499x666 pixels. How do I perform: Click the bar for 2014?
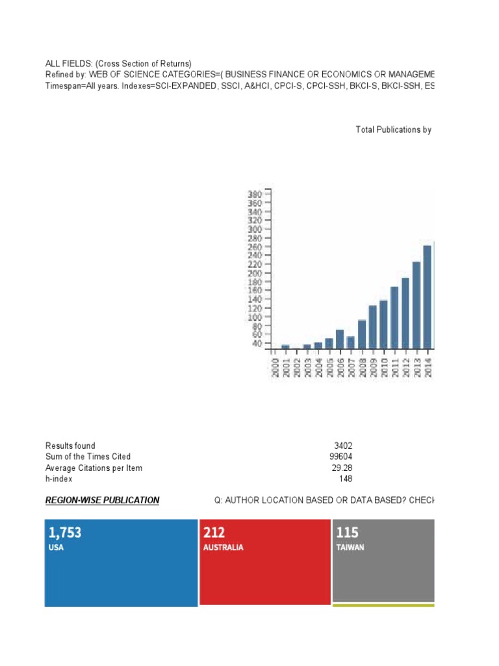(x=427, y=297)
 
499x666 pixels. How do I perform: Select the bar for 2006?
(x=339, y=339)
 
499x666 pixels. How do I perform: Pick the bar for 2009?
(x=372, y=326)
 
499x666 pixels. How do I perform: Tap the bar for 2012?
(x=405, y=313)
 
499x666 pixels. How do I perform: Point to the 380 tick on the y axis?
(x=255, y=194)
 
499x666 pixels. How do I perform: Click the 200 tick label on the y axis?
(x=255, y=273)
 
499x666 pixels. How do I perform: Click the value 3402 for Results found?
(x=343, y=446)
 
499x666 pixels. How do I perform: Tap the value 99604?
(x=341, y=457)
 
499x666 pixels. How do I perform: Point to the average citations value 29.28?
(x=342, y=468)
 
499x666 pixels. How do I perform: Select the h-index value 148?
(x=346, y=479)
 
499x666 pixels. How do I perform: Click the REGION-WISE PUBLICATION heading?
(x=102, y=501)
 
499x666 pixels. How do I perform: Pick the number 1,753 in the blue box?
(x=64, y=533)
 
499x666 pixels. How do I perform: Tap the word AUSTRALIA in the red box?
(x=224, y=548)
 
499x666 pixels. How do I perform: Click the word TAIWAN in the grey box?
(x=350, y=548)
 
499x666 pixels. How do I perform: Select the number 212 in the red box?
(x=214, y=533)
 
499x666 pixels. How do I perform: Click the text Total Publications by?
(x=394, y=130)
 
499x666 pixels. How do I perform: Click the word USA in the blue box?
(x=57, y=548)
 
